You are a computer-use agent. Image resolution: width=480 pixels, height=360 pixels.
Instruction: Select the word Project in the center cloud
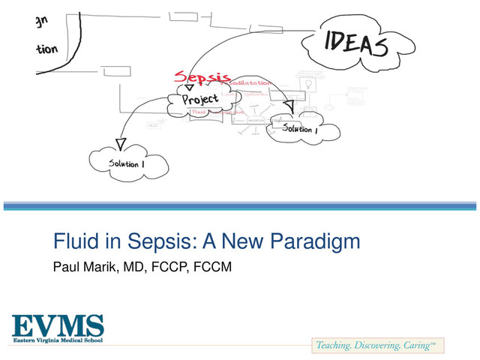point(199,100)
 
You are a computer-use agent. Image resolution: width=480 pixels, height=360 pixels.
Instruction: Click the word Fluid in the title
point(71,242)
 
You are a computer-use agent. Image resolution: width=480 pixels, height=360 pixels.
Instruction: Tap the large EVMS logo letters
point(57,326)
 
